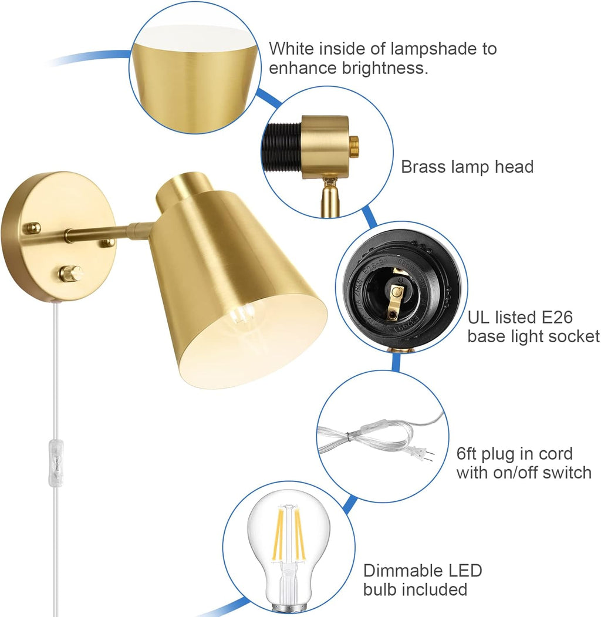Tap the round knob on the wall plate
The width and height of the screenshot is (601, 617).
[71, 273]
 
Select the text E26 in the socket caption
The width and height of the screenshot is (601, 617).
[556, 318]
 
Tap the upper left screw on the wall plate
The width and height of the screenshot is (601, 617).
[32, 227]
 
